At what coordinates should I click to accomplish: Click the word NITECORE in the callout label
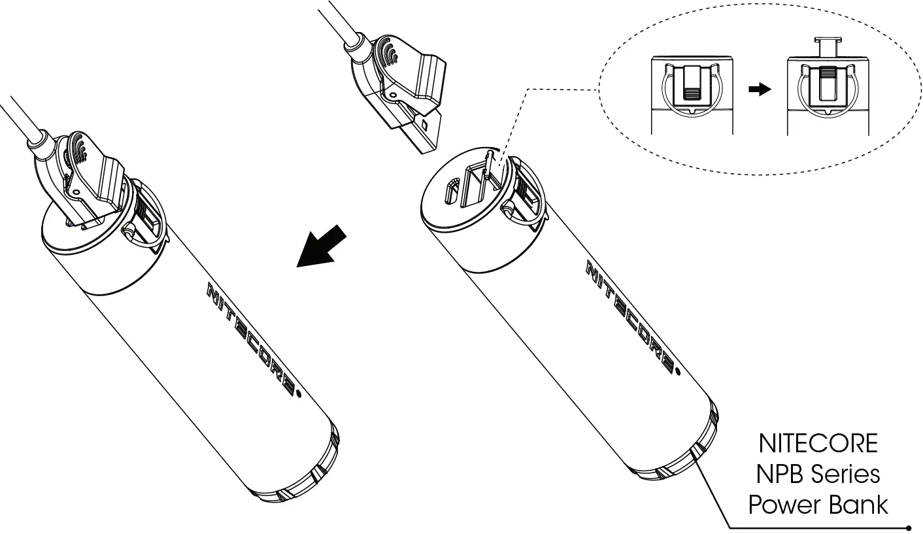818,444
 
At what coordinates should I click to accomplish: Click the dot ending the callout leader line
909,527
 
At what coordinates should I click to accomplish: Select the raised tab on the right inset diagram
827,48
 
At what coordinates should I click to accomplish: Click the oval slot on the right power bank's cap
452,192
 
